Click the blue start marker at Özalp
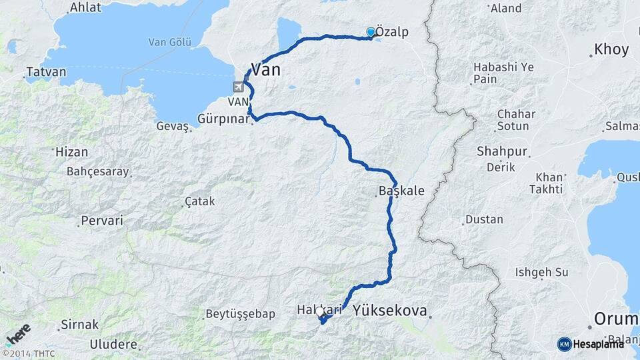[371, 31]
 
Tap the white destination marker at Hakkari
[320, 312]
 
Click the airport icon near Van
[239, 87]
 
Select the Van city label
[265, 69]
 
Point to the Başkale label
[401, 191]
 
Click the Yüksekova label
[389, 309]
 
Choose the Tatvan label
[46, 72]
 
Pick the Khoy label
[611, 49]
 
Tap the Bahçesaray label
[97, 171]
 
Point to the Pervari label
[101, 220]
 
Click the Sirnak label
[79, 325]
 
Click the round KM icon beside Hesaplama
[564, 344]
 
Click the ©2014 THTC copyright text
[28, 353]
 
